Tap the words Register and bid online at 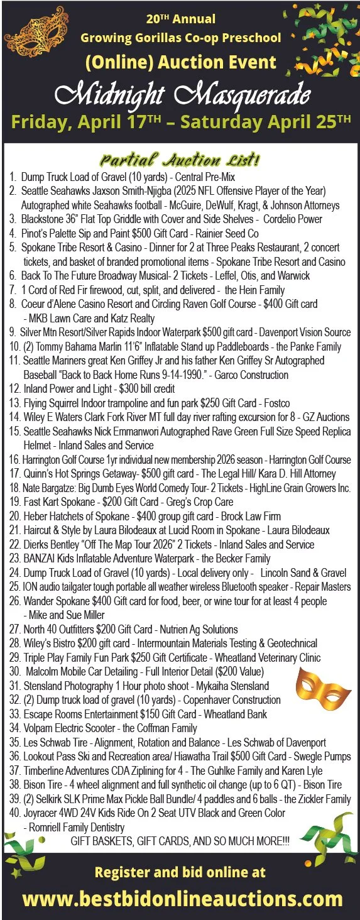180,872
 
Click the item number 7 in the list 13,290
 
